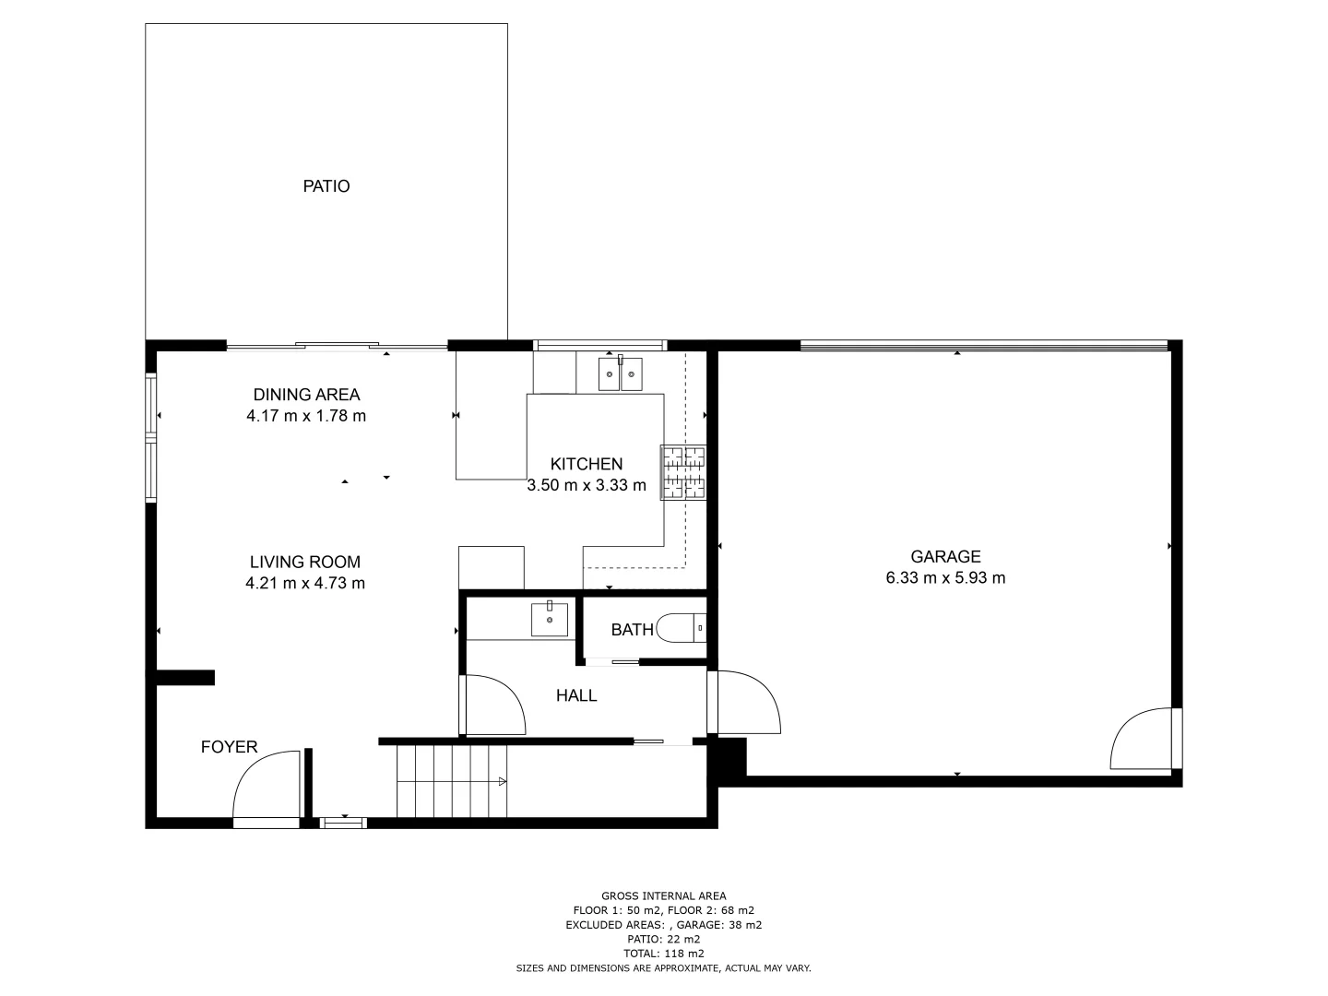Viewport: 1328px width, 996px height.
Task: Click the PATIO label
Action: click(326, 186)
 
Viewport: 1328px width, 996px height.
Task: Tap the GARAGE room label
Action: click(945, 557)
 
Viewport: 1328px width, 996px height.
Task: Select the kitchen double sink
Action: click(620, 373)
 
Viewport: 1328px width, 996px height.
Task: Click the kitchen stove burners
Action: click(682, 472)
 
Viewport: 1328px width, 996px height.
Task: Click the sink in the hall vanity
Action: click(550, 619)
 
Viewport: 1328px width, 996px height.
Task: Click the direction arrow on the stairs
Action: click(502, 782)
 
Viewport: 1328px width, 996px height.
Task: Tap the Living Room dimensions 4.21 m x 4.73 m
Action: click(305, 583)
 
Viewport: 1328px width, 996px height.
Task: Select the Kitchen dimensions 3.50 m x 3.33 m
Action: click(587, 485)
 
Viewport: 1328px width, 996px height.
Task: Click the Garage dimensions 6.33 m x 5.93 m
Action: click(945, 578)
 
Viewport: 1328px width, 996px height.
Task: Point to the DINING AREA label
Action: click(306, 395)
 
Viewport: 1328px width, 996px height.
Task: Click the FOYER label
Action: click(230, 747)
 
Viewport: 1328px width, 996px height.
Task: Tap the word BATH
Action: click(633, 630)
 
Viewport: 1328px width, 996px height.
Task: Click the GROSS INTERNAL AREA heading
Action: click(663, 895)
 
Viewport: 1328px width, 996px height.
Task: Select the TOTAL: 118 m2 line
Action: click(663, 954)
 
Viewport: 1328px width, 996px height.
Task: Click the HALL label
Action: click(576, 696)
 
